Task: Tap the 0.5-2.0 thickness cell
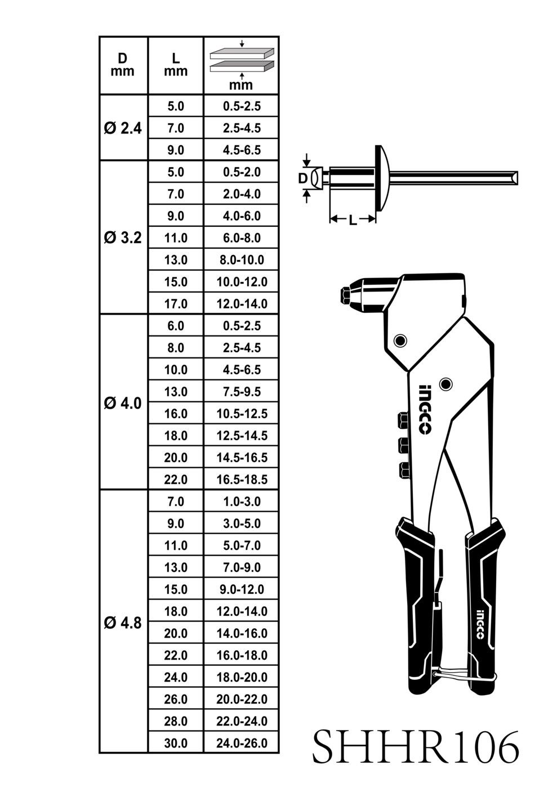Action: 242,172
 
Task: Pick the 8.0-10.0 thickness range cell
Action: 242,260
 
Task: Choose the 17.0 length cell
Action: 176,303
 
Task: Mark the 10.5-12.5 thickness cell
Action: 242,413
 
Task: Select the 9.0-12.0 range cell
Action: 242,589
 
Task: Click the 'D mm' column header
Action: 123,65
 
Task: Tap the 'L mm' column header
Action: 176,65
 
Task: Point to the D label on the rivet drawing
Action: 303,179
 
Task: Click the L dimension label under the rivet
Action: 353,220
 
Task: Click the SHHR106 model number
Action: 416,746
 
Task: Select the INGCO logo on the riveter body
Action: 424,410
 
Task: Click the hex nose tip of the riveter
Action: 345,295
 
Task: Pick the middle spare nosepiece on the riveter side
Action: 403,445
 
